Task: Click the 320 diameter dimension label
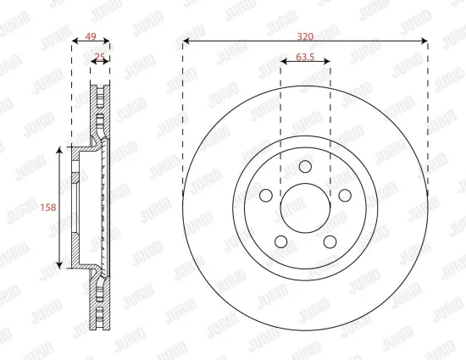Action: [305, 36]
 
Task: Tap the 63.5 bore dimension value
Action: [305, 57]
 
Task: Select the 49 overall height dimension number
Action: [91, 36]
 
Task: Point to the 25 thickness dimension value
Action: [100, 57]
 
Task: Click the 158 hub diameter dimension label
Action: [48, 208]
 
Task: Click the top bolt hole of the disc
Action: [306, 166]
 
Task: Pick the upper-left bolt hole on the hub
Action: [266, 195]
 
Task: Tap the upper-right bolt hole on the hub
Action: [345, 195]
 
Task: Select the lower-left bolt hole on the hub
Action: [281, 241]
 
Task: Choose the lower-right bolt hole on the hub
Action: [330, 241]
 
